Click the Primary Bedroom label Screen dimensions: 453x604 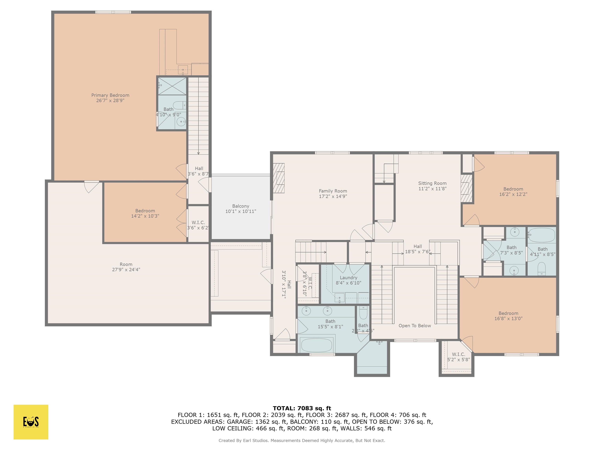pyautogui.click(x=110, y=95)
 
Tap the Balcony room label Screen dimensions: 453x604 pyautogui.click(x=241, y=206)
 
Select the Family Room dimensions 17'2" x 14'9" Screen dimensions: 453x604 pyautogui.click(x=333, y=196)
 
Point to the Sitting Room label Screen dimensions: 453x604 pyautogui.click(x=432, y=183)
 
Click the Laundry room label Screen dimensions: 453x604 pyautogui.click(x=348, y=278)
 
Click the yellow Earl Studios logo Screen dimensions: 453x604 pyautogui.click(x=31, y=422)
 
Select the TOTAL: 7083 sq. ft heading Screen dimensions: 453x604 pyautogui.click(x=302, y=408)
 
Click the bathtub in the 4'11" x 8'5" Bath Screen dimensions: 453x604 pyautogui.click(x=542, y=235)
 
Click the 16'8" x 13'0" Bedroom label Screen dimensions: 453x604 pyautogui.click(x=508, y=313)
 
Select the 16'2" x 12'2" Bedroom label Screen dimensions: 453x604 pyautogui.click(x=513, y=189)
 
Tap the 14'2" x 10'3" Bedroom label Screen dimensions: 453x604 pyautogui.click(x=145, y=211)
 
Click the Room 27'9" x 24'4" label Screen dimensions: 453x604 pyautogui.click(x=126, y=264)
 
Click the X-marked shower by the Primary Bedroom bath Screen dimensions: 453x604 pyautogui.click(x=172, y=86)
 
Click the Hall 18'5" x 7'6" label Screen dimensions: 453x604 pyautogui.click(x=417, y=247)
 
